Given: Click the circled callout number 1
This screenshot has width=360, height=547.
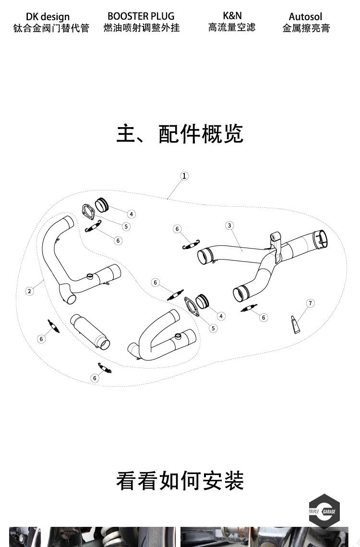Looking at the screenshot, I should tap(184, 176).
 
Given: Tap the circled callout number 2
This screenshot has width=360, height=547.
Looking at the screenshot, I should tap(29, 291).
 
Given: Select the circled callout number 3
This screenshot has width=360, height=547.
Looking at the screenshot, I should tap(229, 225).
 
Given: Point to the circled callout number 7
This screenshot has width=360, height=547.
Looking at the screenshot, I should tap(311, 303).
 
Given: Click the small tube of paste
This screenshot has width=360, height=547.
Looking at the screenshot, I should tap(296, 324).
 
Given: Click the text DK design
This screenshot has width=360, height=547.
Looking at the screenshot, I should tap(48, 17).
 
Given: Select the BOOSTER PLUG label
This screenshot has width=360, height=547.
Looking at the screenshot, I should tap(141, 16).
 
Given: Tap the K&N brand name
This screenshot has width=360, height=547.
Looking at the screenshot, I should tap(232, 15).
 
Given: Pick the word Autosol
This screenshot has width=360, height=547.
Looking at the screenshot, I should tap(305, 17).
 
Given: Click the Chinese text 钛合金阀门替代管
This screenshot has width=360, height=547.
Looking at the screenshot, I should tap(51, 28).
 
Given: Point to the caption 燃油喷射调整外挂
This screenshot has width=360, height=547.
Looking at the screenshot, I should tap(141, 28).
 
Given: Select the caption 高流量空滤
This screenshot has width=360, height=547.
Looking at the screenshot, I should tap(232, 27).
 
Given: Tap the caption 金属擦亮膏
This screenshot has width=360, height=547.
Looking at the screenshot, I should tap(306, 28).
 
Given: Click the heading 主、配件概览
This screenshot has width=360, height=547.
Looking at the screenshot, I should tap(180, 134).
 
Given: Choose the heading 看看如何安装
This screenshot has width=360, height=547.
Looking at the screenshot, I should tap(180, 480).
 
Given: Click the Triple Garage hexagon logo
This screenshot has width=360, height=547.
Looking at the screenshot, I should tap(324, 511).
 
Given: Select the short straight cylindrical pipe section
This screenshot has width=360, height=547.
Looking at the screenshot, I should tap(90, 331).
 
